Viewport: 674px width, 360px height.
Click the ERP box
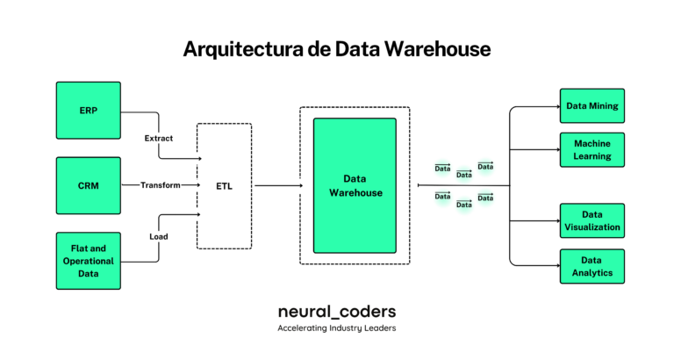tap(88, 111)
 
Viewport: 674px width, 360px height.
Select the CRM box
tap(88, 186)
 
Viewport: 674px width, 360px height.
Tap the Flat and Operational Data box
tap(88, 261)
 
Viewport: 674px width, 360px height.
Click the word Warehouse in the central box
tap(355, 192)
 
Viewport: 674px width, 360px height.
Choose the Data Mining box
tap(592, 105)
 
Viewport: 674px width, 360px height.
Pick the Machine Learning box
tap(592, 150)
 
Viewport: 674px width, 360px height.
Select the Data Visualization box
tap(592, 220)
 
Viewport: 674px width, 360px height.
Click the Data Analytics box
tap(592, 266)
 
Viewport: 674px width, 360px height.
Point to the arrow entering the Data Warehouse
tap(298, 186)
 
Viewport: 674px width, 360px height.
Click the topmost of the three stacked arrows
tap(191, 158)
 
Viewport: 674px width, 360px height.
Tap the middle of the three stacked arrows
tap(190, 185)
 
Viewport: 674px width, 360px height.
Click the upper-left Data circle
tap(443, 167)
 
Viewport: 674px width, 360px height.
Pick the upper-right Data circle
tap(485, 167)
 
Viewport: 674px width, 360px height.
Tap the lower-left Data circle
tap(443, 198)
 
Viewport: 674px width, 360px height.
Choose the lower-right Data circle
tap(485, 198)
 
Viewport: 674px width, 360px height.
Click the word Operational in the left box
tap(88, 261)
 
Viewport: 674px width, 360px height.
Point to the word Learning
tap(592, 156)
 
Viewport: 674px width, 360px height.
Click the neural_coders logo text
tap(337, 312)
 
